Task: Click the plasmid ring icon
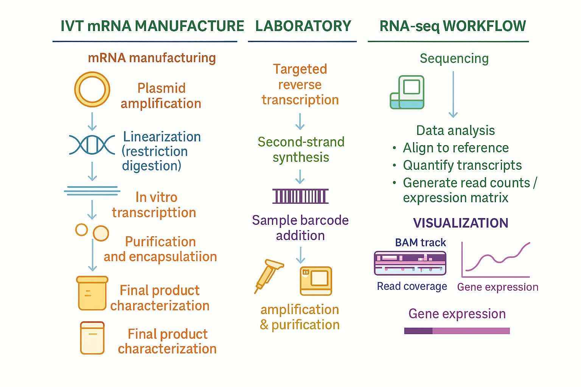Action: [x=92, y=90]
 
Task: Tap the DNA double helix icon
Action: [x=92, y=145]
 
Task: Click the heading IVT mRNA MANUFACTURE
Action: [x=152, y=26]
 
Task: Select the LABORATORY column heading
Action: [x=303, y=26]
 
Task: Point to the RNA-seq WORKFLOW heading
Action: [x=452, y=26]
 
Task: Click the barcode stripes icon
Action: [x=300, y=196]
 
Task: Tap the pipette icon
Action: [x=268, y=276]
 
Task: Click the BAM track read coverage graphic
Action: [x=410, y=263]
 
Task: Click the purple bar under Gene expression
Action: [x=457, y=331]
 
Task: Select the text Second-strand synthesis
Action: [x=301, y=150]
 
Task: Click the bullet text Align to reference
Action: [x=455, y=148]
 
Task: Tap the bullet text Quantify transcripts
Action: [x=462, y=165]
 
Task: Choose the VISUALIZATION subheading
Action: [x=460, y=223]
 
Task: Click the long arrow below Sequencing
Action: [x=453, y=94]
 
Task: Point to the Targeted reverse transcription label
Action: [x=300, y=85]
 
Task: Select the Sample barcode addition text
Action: [x=300, y=228]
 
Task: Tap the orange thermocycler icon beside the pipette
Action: [x=316, y=281]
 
